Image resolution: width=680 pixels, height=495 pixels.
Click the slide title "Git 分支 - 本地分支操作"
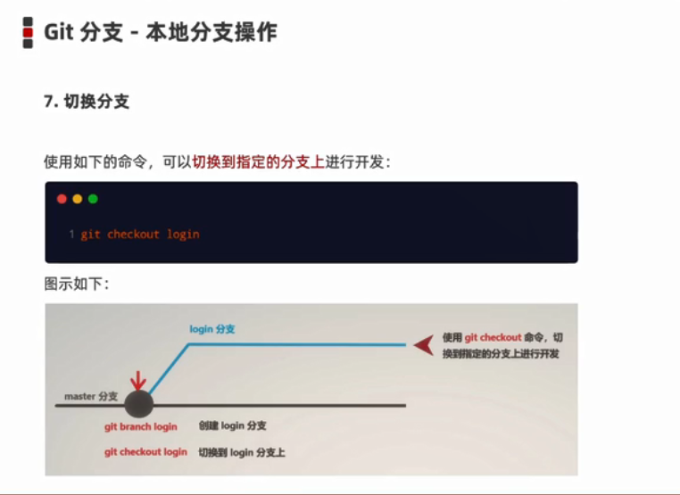161,32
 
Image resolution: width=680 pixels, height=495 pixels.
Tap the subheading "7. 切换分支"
87,102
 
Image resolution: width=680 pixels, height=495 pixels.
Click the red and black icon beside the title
29,32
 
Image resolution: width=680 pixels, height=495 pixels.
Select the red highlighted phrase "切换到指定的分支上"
258,162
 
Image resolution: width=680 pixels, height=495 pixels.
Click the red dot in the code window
62,199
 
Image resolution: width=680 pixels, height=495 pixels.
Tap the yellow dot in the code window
77,199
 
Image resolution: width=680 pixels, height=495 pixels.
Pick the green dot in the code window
93,199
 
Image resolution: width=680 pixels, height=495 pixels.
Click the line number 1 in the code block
71,235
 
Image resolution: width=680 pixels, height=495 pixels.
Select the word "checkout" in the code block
133,235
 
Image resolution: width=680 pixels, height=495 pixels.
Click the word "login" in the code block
183,235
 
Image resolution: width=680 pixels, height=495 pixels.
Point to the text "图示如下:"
76,284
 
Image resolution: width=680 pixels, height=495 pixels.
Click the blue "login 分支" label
212,329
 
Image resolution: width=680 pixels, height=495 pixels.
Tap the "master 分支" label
91,395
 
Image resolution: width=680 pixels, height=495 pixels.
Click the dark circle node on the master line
138,404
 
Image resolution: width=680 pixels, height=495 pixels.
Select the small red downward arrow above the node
137,380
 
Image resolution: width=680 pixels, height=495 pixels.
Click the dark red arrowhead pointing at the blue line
425,344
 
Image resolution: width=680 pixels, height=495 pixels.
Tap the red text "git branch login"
140,427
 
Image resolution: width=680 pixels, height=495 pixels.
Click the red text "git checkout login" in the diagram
145,452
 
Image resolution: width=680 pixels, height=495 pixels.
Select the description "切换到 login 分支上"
241,452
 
